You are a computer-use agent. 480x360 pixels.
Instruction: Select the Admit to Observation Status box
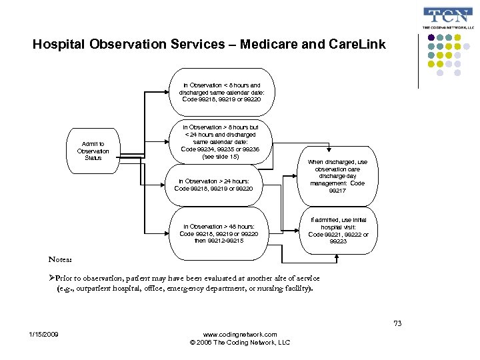[x=93, y=151]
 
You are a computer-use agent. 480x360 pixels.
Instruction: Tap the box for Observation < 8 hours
[x=221, y=93]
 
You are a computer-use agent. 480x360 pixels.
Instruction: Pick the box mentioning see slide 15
[x=221, y=142]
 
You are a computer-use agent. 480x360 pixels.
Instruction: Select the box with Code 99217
[x=337, y=177]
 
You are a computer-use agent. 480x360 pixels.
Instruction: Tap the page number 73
[x=397, y=323]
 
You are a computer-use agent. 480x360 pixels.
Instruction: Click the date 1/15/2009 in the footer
[x=43, y=334]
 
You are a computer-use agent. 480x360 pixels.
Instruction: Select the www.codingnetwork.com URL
[x=239, y=334]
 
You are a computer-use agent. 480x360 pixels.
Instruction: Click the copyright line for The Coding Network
[x=239, y=342]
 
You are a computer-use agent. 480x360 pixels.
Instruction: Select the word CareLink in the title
[x=357, y=45]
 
